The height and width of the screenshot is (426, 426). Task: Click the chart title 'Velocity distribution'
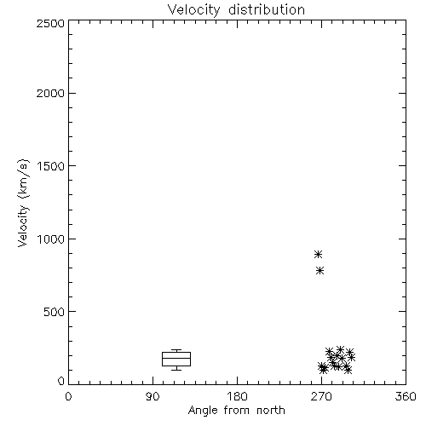236,10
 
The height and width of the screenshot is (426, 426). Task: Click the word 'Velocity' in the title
193,10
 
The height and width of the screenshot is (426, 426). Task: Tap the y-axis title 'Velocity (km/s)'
23,203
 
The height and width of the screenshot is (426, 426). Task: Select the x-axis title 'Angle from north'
236,411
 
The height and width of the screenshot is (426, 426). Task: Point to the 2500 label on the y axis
50,23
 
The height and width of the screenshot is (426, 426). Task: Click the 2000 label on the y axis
50,93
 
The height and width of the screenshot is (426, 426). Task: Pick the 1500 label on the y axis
51,166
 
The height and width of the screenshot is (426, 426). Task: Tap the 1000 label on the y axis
51,239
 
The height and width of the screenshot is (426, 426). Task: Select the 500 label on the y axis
55,312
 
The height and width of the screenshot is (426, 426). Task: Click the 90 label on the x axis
153,396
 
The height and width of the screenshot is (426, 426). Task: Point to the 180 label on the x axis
237,396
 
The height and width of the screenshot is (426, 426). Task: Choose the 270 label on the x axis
321,396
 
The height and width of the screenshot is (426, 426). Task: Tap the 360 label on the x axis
406,396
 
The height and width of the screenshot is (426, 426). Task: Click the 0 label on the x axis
68,396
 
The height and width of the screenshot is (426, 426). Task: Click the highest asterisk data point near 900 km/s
318,254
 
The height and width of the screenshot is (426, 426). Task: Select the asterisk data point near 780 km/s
319,271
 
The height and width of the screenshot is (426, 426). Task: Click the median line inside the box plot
176,358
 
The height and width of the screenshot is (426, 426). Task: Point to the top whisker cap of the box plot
176,350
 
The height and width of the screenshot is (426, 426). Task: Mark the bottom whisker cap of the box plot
176,370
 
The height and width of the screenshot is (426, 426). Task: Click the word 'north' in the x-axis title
271,411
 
